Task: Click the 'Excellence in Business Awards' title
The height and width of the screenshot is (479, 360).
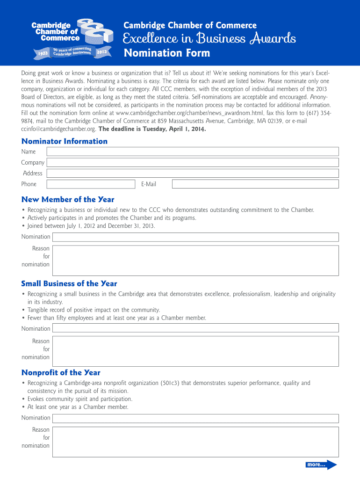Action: click(209, 38)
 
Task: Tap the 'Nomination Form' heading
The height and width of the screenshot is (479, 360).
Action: click(167, 53)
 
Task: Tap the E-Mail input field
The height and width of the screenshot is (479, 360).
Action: click(255, 184)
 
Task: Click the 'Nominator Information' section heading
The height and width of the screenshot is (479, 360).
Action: click(65, 141)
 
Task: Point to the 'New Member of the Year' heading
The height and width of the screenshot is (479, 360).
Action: click(68, 199)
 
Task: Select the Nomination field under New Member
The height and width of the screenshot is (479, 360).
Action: click(195, 237)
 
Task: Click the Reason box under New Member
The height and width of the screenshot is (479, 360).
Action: click(195, 260)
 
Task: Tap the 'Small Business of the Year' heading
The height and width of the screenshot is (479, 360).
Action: click(69, 283)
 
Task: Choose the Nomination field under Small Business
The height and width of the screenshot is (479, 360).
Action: click(195, 328)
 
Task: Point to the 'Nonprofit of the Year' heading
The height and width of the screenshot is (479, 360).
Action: click(61, 372)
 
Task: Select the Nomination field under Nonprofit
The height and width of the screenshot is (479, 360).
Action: click(195, 418)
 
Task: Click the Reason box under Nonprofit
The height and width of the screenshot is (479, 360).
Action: click(195, 441)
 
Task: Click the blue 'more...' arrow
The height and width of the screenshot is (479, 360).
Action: click(321, 464)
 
